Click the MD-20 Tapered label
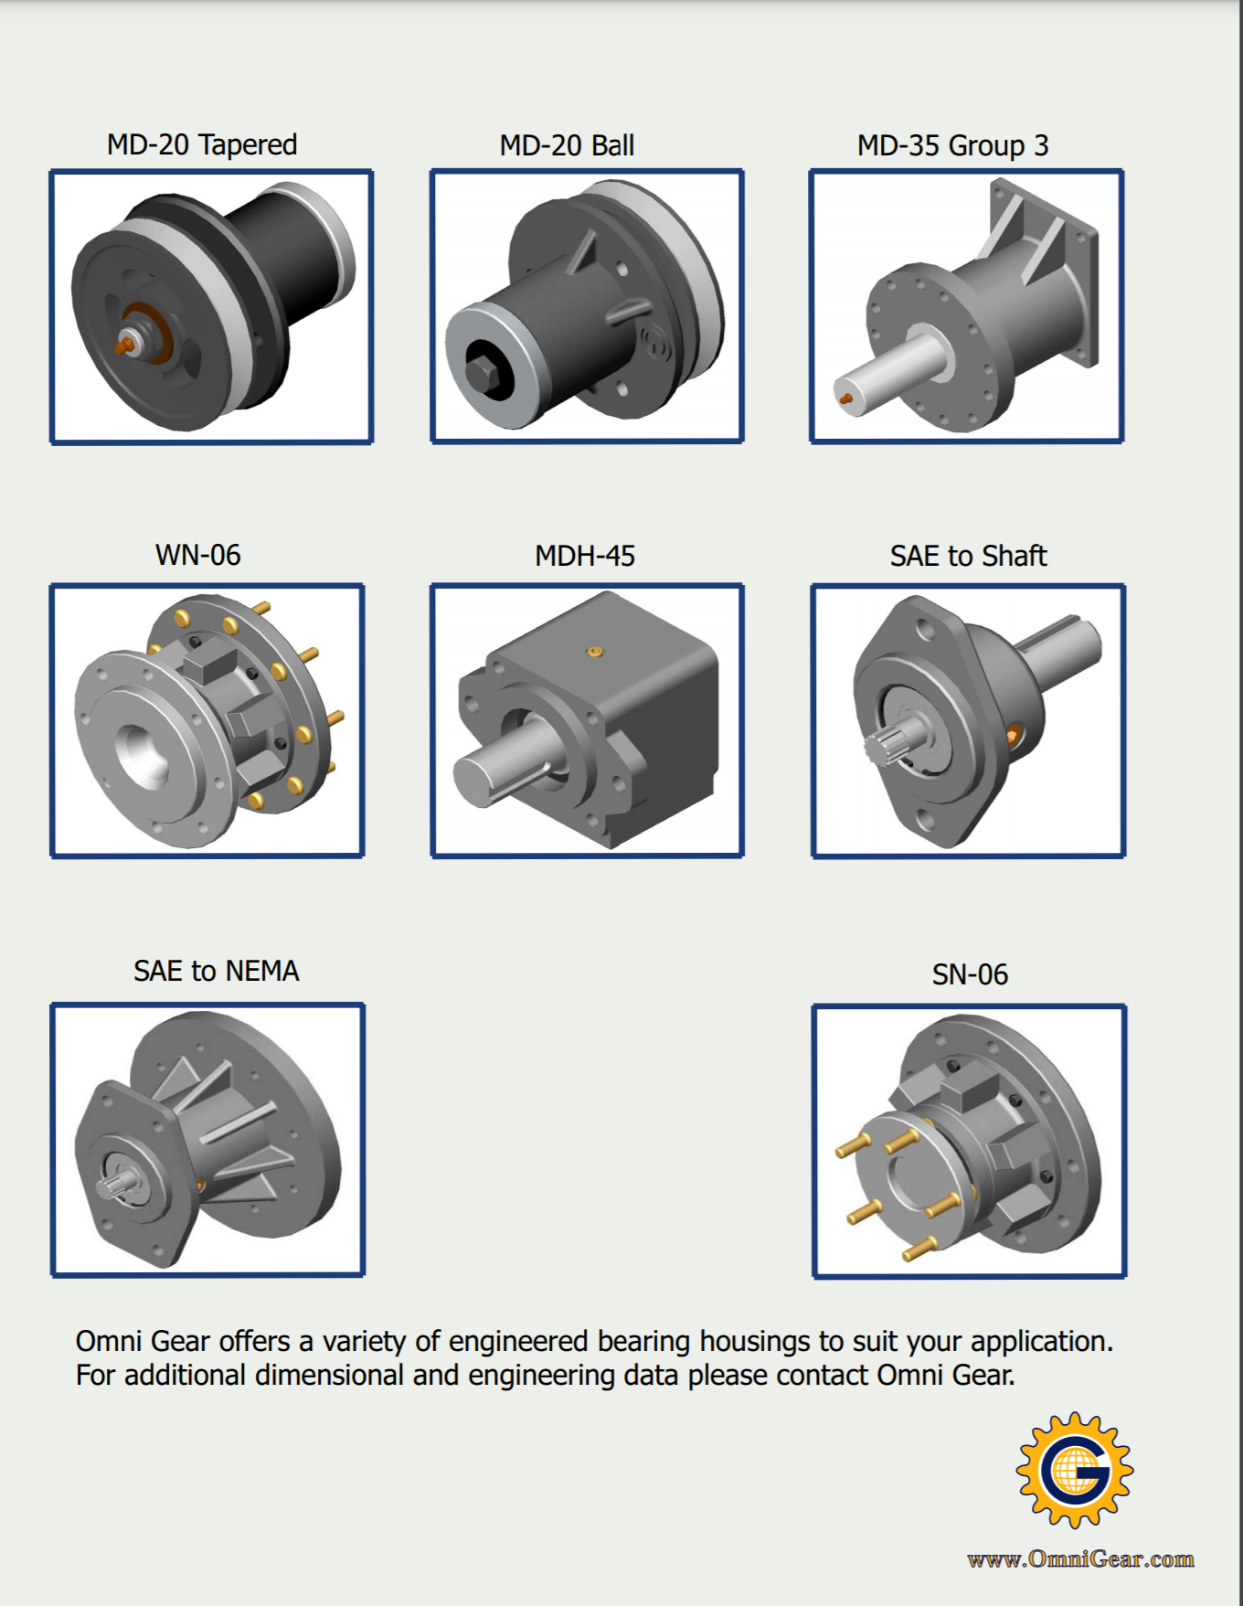click(202, 144)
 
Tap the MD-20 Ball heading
click(567, 145)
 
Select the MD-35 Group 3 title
click(952, 145)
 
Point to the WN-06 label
click(198, 555)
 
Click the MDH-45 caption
click(585, 556)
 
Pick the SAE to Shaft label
click(969, 556)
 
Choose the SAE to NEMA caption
click(217, 971)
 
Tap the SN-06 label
click(970, 974)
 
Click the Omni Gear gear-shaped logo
click(1075, 1470)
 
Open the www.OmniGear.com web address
click(1080, 1559)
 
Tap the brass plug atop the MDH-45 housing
click(595, 652)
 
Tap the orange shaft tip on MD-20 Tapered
click(124, 346)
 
